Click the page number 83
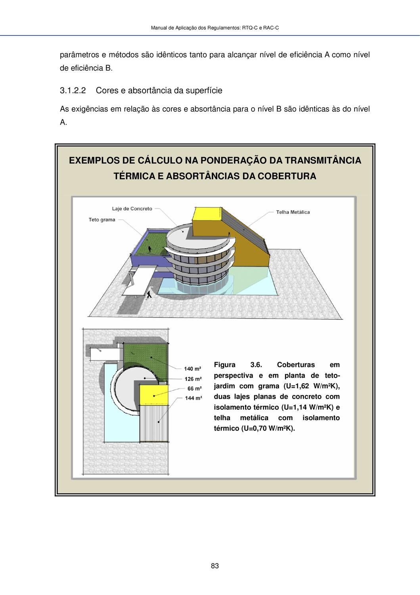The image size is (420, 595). pyautogui.click(x=215, y=566)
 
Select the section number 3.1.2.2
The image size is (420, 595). pyautogui.click(x=73, y=90)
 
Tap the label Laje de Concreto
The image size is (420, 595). pyautogui.click(x=132, y=209)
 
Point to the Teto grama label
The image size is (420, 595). pyautogui.click(x=102, y=219)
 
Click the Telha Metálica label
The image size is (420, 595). pyautogui.click(x=293, y=212)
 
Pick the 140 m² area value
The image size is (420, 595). pyautogui.click(x=192, y=369)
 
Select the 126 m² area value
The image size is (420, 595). pyautogui.click(x=193, y=379)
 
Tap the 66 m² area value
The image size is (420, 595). pyautogui.click(x=194, y=388)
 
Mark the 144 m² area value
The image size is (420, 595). pyautogui.click(x=193, y=398)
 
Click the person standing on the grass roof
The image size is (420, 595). pyautogui.click(x=150, y=250)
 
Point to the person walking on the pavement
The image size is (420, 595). pyautogui.click(x=149, y=294)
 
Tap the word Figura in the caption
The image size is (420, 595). pyautogui.click(x=224, y=365)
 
